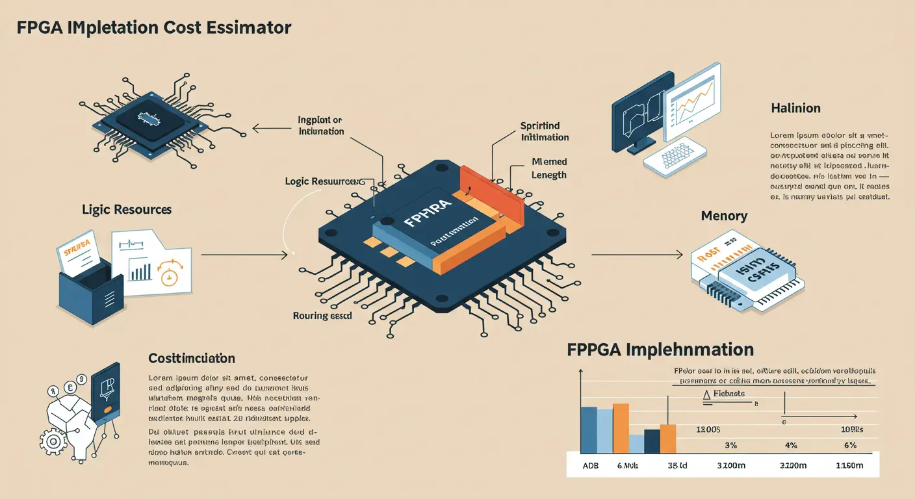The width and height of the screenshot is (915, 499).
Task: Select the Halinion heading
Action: pyautogui.click(x=795, y=109)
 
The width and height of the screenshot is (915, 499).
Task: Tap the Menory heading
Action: pyautogui.click(x=724, y=216)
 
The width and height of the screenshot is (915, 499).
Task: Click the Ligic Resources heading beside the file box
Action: pyautogui.click(x=127, y=210)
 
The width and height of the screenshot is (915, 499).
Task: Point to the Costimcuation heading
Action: pyautogui.click(x=192, y=359)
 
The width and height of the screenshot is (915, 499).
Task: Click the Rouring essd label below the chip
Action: pyautogui.click(x=322, y=316)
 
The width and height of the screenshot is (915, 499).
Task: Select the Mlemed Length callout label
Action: pyautogui.click(x=549, y=168)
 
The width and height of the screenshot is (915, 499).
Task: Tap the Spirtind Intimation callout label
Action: pyautogui.click(x=545, y=131)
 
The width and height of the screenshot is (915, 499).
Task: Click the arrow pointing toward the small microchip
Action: pyautogui.click(x=273, y=129)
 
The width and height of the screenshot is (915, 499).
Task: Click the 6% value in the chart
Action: pyautogui.click(x=849, y=446)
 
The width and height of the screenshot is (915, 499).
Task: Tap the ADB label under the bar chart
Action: pyautogui.click(x=591, y=465)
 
